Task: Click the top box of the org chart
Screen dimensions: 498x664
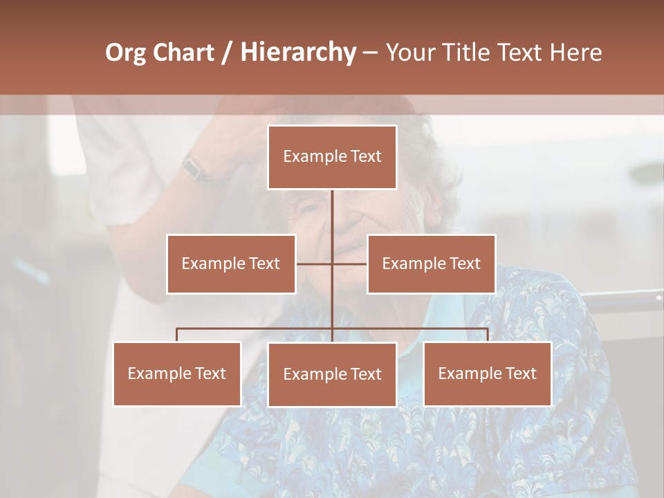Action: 332,157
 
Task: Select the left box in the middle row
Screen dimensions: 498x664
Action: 231,264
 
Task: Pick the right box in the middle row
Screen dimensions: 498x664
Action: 431,264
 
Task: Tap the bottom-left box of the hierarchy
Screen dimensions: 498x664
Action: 177,373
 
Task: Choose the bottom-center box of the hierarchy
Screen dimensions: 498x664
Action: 332,374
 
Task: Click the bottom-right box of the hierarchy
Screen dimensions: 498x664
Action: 488,373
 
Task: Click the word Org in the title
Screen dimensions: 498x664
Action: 125,53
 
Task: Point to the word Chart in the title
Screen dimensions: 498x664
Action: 183,53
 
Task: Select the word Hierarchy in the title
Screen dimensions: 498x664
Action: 298,53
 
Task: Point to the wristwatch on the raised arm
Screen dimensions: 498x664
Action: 196,168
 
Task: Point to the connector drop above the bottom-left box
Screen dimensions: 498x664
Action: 177,335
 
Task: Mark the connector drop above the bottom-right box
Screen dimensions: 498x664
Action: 488,335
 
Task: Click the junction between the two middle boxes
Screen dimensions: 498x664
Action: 332,264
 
